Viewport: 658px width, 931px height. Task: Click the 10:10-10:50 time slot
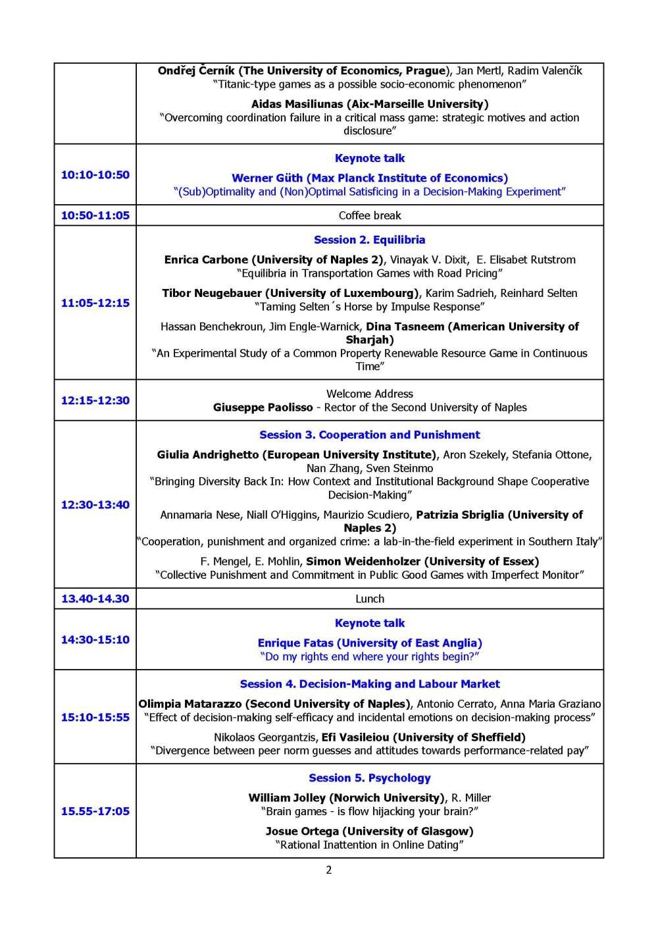point(95,174)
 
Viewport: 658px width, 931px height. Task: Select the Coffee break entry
point(370,215)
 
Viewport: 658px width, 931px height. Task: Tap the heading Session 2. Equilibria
point(370,240)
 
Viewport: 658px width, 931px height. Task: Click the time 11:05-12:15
point(95,303)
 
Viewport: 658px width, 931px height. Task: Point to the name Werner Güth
point(267,178)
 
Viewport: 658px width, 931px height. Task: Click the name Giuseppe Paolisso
point(263,407)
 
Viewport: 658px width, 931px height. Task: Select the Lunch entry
point(370,598)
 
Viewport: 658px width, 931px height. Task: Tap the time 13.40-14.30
point(95,598)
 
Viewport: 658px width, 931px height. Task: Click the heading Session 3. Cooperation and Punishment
point(370,435)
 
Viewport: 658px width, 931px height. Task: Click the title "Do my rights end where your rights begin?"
point(370,656)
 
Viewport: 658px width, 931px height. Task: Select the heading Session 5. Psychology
point(370,778)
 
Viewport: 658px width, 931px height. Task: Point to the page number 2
point(329,870)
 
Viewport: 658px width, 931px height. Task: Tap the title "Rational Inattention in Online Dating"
point(370,845)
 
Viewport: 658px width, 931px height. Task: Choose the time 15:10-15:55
point(95,717)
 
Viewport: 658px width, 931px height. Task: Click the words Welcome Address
point(370,394)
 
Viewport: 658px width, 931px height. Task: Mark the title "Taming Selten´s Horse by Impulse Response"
point(370,306)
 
